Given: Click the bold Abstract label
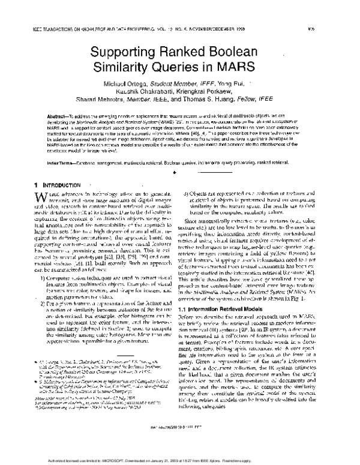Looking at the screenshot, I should pos(52,130).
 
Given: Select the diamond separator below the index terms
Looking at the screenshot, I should pos(180,171).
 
